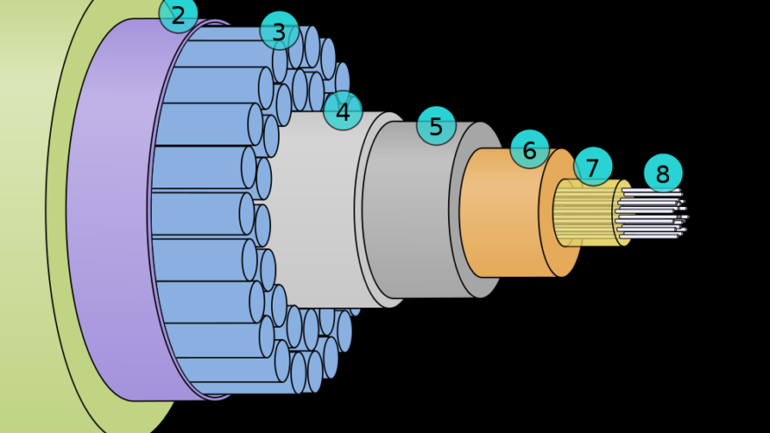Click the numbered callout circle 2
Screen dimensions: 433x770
click(x=178, y=15)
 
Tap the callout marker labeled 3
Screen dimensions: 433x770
click(x=279, y=32)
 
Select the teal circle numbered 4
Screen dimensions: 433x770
click(x=343, y=111)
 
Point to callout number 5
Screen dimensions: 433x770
click(x=436, y=126)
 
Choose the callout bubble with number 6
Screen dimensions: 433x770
click(x=530, y=150)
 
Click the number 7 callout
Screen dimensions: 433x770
click(x=593, y=167)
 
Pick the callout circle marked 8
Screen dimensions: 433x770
click(x=662, y=174)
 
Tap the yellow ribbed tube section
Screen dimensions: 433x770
click(x=584, y=215)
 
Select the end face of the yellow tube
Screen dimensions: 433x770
click(x=621, y=213)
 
